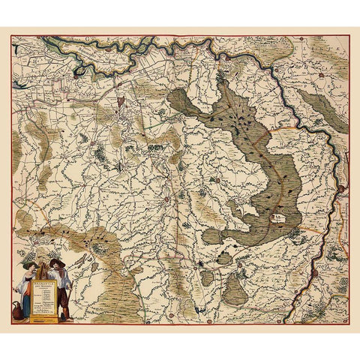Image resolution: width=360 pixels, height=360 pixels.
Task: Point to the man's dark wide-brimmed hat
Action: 57,263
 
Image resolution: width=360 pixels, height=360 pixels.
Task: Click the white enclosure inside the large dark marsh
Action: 279,219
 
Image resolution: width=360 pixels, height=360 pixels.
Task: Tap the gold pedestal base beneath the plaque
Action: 44,319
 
